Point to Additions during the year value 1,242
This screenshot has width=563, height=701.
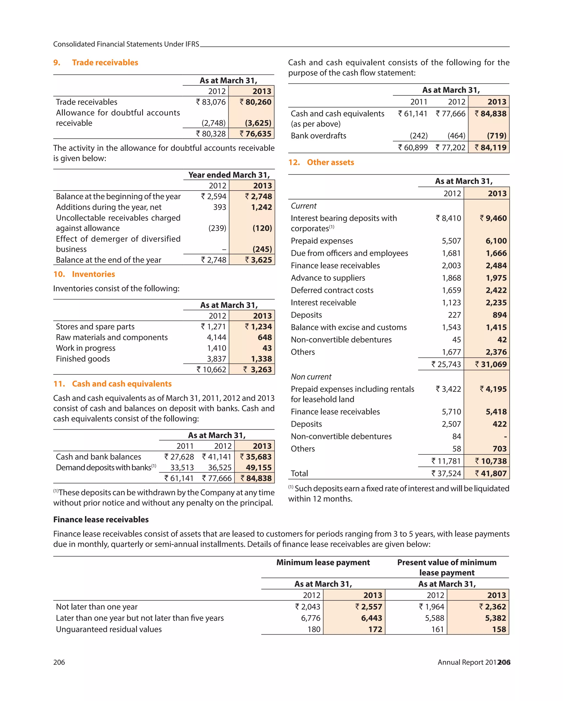click(x=261, y=207)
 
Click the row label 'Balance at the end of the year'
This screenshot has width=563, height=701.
click(x=108, y=260)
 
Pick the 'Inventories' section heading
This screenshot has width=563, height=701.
click(x=93, y=274)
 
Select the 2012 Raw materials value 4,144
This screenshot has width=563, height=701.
click(x=217, y=337)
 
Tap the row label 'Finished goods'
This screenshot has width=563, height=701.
click(x=83, y=359)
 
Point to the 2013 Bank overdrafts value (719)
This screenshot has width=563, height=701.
click(x=496, y=135)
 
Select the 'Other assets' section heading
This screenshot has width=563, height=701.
click(x=330, y=162)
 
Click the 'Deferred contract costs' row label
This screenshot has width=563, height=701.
click(x=332, y=290)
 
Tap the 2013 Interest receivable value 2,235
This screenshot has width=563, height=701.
click(x=496, y=302)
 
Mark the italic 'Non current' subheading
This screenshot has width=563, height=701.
click(x=311, y=376)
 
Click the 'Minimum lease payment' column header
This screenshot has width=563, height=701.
click(x=323, y=563)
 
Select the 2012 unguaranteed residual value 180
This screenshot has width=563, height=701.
click(x=314, y=629)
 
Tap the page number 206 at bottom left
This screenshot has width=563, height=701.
click(x=59, y=662)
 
